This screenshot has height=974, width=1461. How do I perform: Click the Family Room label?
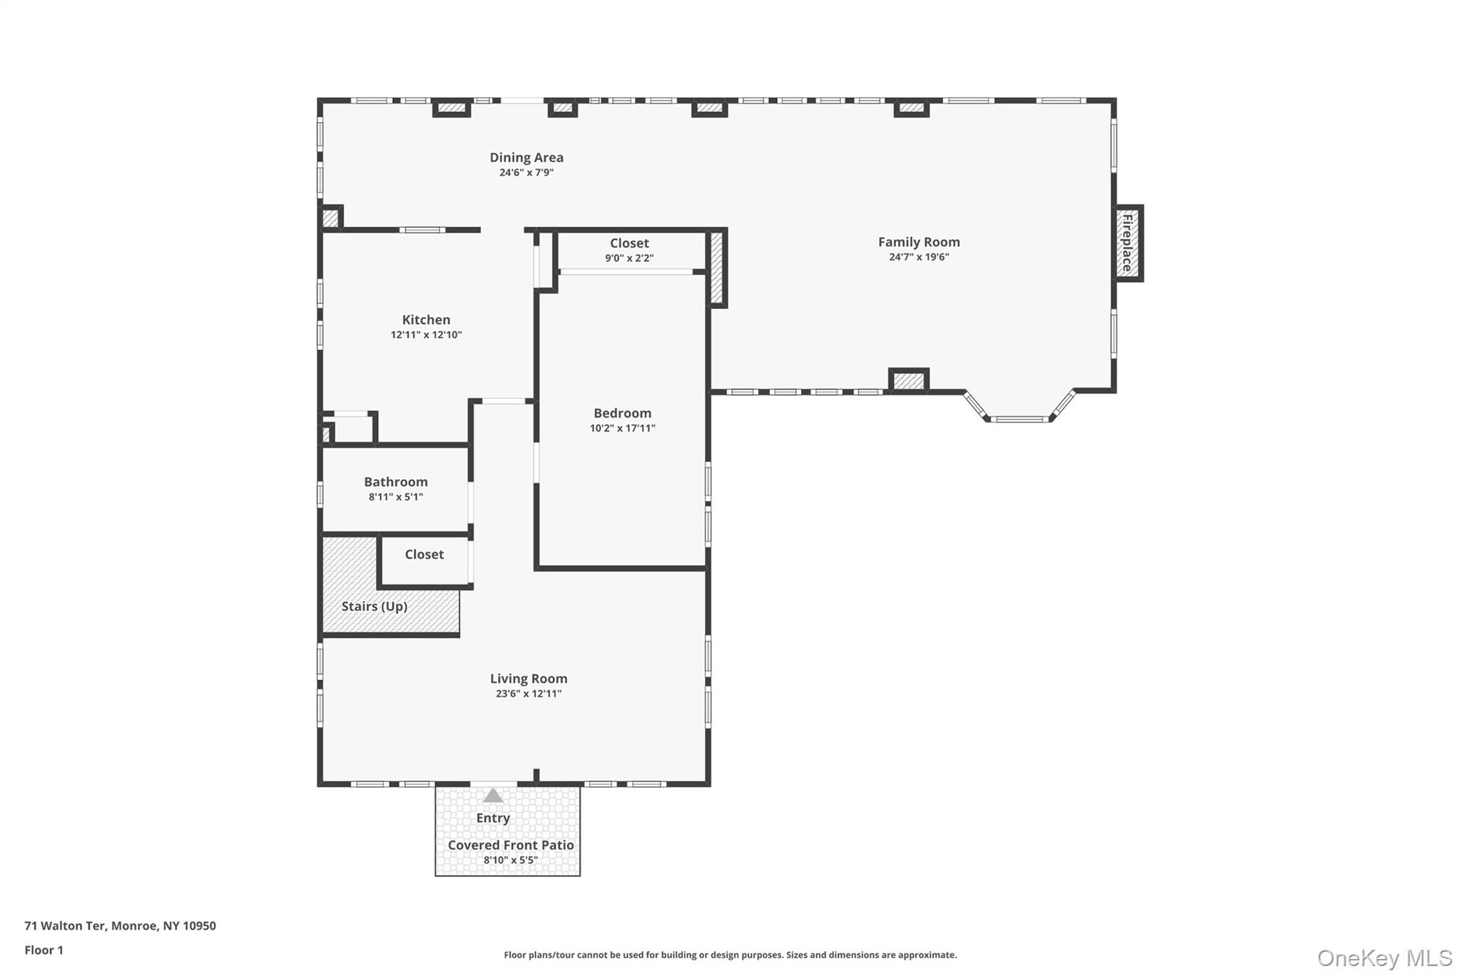tap(918, 242)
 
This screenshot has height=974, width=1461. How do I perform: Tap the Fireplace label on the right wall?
tap(1128, 243)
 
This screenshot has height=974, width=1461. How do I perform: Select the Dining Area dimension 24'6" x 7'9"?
tap(526, 173)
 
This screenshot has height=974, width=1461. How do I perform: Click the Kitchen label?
tap(426, 320)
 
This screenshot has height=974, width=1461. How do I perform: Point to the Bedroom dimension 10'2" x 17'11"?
tap(622, 428)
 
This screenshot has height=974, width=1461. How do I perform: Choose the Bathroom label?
tap(395, 482)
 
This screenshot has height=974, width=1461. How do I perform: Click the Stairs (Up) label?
tap(374, 607)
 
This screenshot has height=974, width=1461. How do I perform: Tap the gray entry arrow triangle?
tap(492, 796)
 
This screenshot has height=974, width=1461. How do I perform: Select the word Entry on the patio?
tap(493, 818)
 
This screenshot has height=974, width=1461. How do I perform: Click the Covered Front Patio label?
tap(511, 845)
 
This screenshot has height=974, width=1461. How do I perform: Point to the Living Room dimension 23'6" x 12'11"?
tap(529, 694)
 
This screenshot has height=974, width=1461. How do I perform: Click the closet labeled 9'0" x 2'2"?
tap(629, 250)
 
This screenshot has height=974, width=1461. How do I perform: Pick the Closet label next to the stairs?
tap(424, 554)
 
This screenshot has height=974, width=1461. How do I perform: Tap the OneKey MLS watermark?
tap(1384, 958)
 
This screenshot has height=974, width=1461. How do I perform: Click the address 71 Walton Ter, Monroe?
tap(120, 925)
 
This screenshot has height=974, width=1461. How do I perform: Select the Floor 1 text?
tap(44, 950)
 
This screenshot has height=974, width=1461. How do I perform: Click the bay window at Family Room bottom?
tap(1019, 418)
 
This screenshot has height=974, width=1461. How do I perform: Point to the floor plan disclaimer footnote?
tap(730, 955)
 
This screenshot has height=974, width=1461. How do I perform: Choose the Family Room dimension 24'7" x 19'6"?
tap(918, 257)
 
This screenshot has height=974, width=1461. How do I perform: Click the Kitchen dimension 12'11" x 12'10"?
tap(426, 335)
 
